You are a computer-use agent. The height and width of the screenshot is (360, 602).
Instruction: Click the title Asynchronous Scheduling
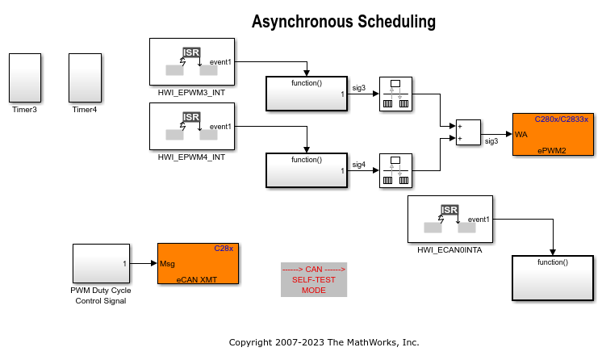coord(343,22)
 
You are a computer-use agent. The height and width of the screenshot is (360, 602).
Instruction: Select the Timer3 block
coord(25,77)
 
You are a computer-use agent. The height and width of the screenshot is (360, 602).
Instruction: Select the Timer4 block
coord(85,77)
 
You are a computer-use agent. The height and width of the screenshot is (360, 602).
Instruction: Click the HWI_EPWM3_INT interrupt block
coord(192,61)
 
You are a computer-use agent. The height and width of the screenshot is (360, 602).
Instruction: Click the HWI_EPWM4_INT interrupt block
coord(192,126)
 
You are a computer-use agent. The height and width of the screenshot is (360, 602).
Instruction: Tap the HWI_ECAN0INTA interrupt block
coord(450,219)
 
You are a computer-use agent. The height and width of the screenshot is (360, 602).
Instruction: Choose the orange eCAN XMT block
coord(198,263)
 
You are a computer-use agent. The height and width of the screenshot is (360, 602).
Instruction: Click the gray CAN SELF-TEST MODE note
coord(313,279)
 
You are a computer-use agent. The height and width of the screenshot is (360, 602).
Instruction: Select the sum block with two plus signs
coord(468,132)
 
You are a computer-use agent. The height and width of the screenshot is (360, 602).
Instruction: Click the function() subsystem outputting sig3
coord(306,94)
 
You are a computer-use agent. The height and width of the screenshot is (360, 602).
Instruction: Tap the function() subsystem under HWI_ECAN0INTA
coord(553,277)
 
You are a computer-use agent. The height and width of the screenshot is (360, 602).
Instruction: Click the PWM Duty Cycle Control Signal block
coord(101,263)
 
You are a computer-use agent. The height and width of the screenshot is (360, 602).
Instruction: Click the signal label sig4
coord(359,165)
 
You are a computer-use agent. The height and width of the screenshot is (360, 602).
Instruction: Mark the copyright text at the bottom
coord(324,342)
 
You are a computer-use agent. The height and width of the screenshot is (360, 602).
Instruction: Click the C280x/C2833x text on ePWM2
coord(562,119)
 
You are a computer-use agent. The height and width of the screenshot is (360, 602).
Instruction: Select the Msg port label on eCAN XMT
coord(167,263)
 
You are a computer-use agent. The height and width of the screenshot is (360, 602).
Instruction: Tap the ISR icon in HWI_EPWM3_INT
coord(191,52)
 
